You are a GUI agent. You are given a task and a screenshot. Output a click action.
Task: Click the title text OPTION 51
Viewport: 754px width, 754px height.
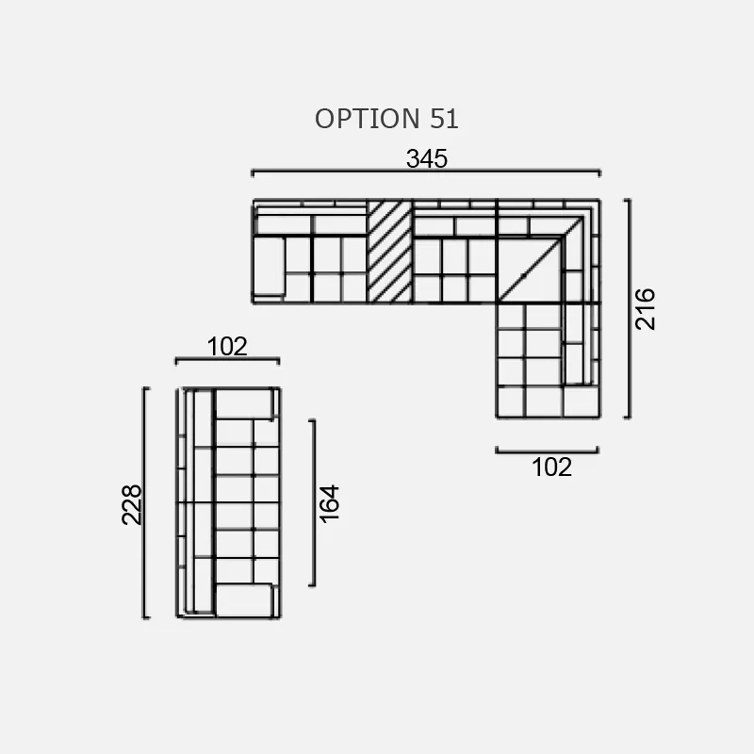click(x=386, y=119)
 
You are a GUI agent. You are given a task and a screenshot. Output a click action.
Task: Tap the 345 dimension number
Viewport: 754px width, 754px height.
click(x=427, y=158)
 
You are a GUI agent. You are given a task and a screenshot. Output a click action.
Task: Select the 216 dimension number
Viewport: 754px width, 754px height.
click(x=645, y=309)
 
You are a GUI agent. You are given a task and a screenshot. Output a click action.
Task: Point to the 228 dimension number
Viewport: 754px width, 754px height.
click(x=132, y=504)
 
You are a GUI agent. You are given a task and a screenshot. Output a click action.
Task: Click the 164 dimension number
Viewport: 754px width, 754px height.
click(x=329, y=504)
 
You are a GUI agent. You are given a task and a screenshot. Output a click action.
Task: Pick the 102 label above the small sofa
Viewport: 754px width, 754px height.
click(x=227, y=346)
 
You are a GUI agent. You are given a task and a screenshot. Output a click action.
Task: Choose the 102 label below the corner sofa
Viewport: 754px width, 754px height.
click(x=552, y=467)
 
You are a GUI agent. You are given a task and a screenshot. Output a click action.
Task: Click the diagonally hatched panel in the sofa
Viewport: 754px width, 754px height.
click(x=390, y=252)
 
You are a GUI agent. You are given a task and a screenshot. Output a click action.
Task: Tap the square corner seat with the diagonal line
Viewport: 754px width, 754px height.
click(x=530, y=270)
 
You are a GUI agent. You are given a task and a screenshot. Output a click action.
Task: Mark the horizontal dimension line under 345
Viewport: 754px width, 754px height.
click(x=426, y=172)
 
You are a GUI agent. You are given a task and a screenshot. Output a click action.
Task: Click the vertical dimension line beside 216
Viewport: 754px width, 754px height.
click(x=628, y=309)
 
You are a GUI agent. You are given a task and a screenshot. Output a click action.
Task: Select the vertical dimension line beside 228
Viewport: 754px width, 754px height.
click(x=145, y=502)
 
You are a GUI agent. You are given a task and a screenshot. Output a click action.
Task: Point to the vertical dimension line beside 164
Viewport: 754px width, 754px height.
click(x=313, y=503)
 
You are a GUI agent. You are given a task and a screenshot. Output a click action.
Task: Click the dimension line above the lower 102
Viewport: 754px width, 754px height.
click(x=548, y=451)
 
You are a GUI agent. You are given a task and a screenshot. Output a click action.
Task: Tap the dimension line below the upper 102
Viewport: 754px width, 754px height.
click(x=227, y=360)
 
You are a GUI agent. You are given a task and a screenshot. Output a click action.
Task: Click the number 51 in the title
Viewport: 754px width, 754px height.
click(x=444, y=119)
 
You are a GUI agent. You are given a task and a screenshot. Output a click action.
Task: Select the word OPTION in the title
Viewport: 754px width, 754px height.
click(x=368, y=119)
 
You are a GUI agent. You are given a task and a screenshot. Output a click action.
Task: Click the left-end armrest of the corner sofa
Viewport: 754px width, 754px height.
click(x=269, y=266)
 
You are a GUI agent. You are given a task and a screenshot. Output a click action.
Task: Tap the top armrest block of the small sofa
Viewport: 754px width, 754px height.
click(x=244, y=403)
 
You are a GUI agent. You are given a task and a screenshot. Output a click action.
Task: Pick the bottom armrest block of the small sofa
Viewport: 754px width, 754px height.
click(x=244, y=600)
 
